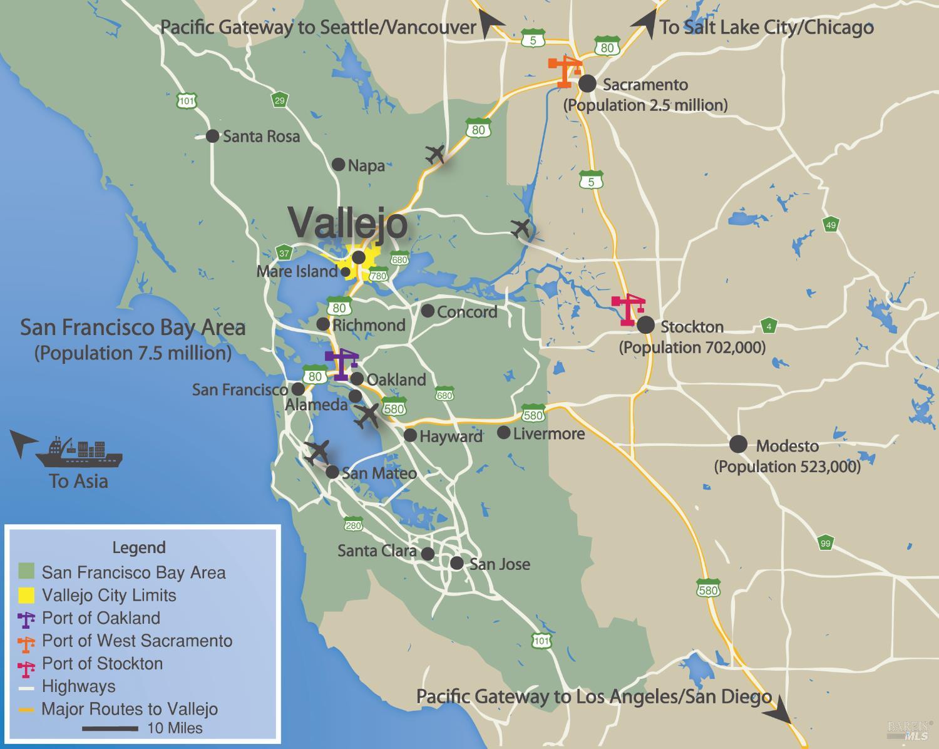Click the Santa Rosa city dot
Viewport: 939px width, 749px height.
pos(213,135)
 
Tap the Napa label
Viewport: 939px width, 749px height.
pos(366,165)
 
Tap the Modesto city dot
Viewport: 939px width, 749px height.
pos(739,445)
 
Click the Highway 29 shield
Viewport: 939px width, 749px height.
pos(279,100)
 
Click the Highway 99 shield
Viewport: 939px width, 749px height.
pos(825,543)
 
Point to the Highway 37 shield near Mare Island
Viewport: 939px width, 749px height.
pos(285,253)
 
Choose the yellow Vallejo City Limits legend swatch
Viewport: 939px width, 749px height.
pos(26,595)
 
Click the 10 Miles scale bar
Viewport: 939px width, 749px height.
pos(110,728)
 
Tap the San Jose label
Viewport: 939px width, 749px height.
pos(500,564)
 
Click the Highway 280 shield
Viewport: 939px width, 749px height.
pos(353,525)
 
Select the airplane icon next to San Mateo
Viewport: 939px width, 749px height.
pos(317,452)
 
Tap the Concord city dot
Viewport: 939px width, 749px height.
pos(428,311)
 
